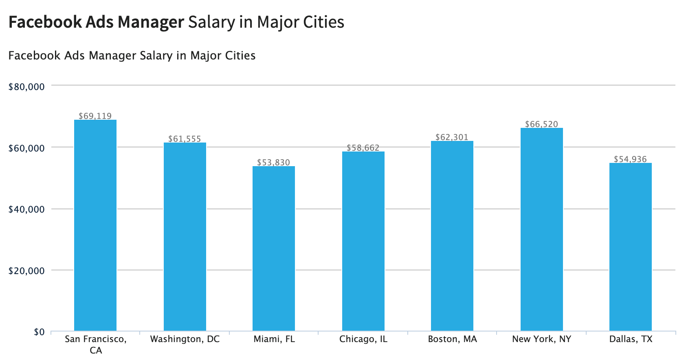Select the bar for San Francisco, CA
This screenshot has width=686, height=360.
pos(95,225)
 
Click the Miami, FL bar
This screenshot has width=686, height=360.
pos(273,248)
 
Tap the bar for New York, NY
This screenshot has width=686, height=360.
pos(541,229)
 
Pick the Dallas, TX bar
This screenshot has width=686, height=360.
pos(630,247)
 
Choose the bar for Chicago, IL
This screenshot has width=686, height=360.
pos(363,241)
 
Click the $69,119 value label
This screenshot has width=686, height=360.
pos(95,116)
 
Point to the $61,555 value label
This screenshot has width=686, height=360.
pos(185,139)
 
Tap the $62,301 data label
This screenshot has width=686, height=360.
pos(452,137)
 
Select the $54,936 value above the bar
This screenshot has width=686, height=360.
pos(630,159)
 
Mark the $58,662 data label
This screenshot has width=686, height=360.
pos(363,148)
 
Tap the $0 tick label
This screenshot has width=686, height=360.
pos(39,332)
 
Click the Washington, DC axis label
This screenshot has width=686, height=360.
pos(185,339)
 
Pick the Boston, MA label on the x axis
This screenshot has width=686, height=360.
pos(452,339)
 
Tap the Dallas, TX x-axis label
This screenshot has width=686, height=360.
pos(631,339)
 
